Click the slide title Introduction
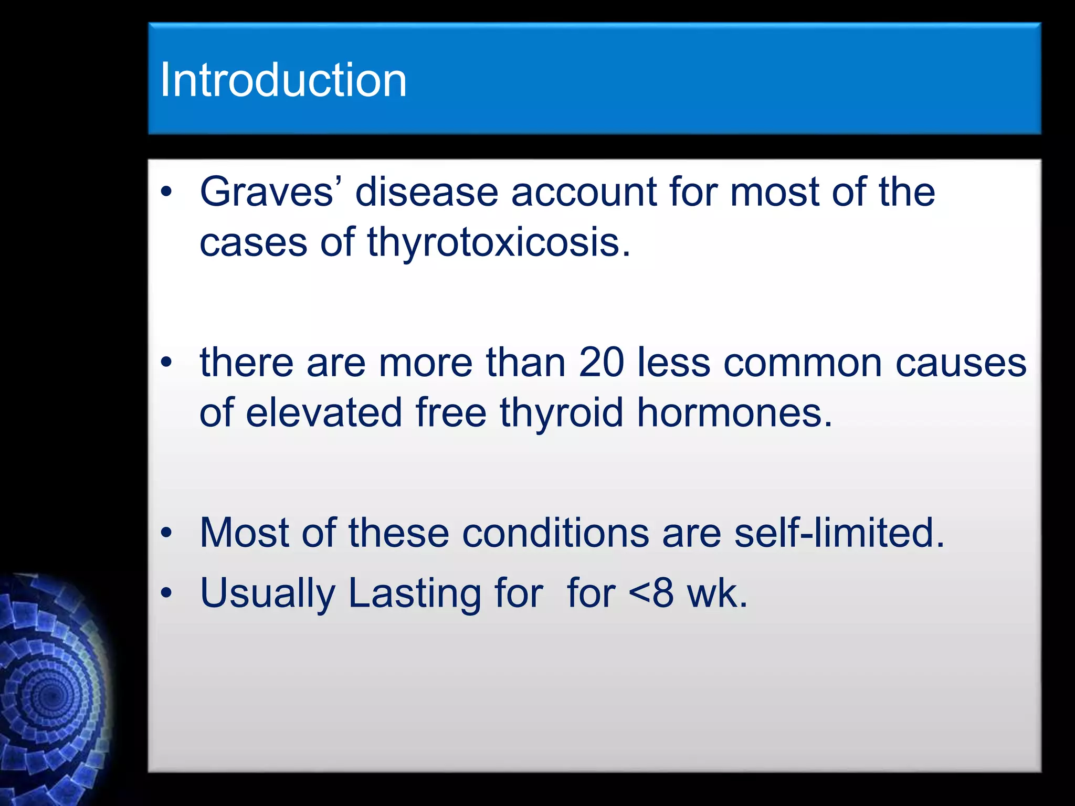point(283,80)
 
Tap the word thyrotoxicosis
point(499,242)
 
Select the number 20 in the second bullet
point(602,363)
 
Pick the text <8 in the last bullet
point(651,593)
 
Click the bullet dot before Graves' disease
point(166,193)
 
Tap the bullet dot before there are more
point(166,362)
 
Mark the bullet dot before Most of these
point(166,533)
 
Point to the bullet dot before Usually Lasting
point(166,593)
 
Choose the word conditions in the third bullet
point(555,533)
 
